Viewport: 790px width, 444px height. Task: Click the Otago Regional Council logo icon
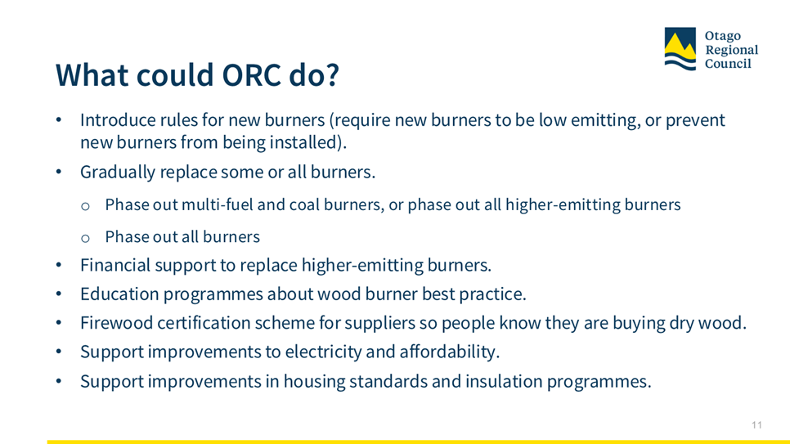point(680,49)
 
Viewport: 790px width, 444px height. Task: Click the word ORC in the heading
point(251,75)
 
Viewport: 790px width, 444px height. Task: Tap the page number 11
point(756,425)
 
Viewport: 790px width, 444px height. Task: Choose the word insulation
point(504,381)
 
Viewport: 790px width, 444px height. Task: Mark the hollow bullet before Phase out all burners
point(85,237)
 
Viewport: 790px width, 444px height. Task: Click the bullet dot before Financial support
point(59,265)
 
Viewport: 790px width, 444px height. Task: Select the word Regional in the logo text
point(732,50)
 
